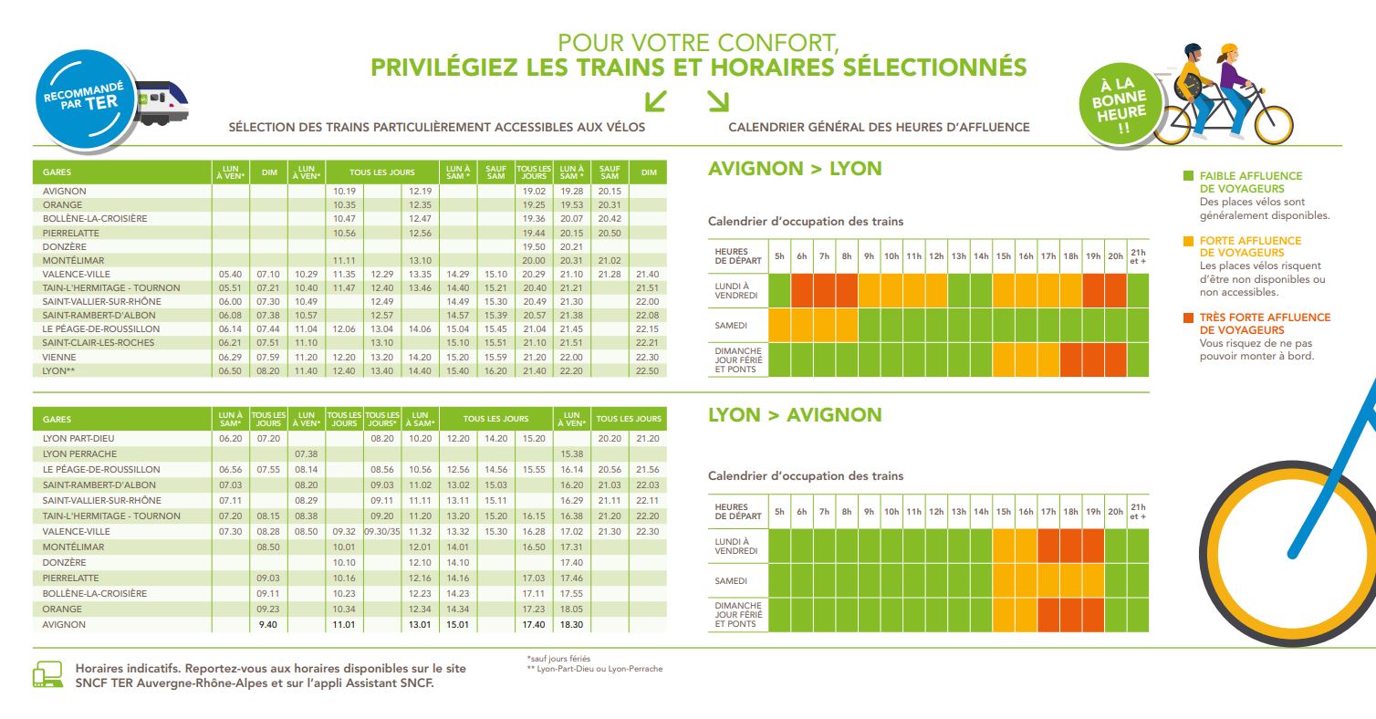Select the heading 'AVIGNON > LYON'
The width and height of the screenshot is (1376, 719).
(795, 169)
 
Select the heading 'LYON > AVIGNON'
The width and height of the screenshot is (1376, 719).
(795, 415)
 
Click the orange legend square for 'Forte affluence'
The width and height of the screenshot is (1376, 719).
(1187, 241)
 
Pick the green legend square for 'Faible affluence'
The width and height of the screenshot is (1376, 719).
(1187, 175)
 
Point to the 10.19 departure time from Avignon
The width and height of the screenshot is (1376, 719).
(344, 191)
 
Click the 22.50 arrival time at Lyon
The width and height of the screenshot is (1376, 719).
(647, 370)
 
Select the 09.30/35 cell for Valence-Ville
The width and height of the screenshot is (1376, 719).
(382, 531)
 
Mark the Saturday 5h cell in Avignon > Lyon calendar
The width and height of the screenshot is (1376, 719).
(779, 324)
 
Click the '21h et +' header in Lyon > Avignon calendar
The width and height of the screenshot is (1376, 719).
(1137, 512)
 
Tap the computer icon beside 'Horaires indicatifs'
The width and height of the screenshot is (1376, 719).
(47, 675)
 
